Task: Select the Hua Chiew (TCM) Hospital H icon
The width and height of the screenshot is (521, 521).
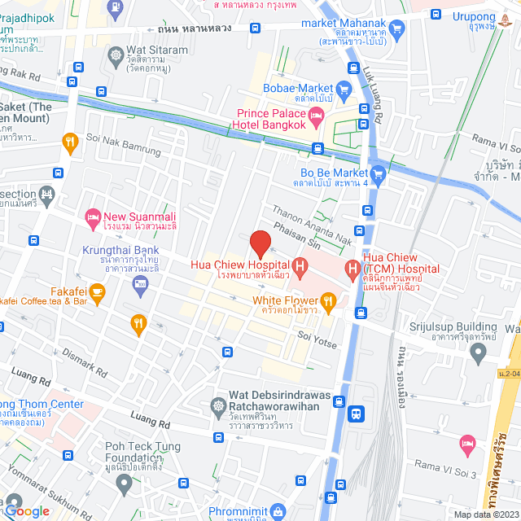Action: [352, 267]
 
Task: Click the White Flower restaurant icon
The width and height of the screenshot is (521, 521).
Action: [329, 304]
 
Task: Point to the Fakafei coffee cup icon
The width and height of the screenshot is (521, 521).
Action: [97, 291]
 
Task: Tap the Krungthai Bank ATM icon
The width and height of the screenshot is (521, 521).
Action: [139, 283]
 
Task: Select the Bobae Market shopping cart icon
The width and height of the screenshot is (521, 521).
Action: [344, 89]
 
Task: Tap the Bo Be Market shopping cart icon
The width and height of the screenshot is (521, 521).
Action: [378, 173]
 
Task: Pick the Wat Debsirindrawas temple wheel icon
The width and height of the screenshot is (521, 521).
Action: [218, 405]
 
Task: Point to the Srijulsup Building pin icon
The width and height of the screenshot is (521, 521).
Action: [479, 352]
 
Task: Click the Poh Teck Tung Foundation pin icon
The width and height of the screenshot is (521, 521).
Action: [124, 484]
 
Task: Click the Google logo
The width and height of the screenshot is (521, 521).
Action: [28, 510]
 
